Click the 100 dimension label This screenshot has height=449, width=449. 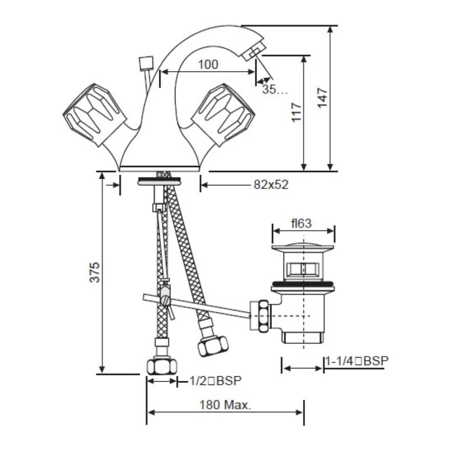(x=208, y=64)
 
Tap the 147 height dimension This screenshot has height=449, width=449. (x=323, y=98)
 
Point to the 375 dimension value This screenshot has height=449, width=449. (x=94, y=272)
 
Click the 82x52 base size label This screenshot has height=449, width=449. (x=271, y=185)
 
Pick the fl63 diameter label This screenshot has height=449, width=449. (x=301, y=223)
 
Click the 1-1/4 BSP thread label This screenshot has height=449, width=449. (x=357, y=361)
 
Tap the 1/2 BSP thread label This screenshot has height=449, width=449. (x=215, y=380)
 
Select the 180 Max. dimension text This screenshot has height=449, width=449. (x=225, y=405)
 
